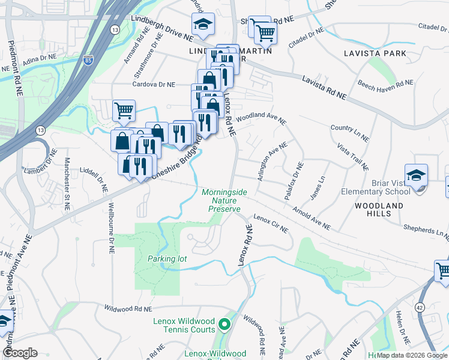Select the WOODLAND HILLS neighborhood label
point(379,210)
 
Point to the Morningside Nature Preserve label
point(224,200)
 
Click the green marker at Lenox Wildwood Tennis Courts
point(224,325)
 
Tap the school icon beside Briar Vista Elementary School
point(416,175)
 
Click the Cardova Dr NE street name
point(155,85)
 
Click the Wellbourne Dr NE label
point(111,227)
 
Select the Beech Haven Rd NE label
point(385,86)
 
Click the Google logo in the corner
point(20,353)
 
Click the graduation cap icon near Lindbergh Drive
point(203,25)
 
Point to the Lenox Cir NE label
point(271,223)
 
